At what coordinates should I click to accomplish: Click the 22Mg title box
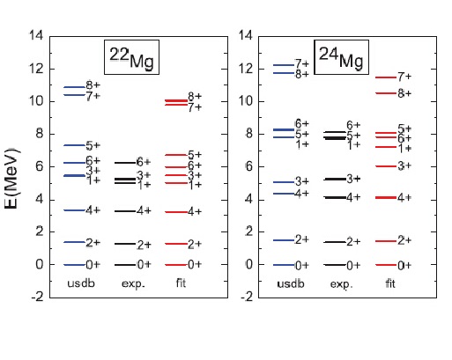pos(131,57)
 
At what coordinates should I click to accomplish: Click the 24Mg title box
pos(341,57)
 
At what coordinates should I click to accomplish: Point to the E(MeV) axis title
pos(11,179)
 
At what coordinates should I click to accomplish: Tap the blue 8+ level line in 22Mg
pos(74,87)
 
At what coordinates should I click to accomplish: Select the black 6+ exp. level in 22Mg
pos(125,163)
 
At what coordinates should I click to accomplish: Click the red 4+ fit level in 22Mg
pos(176,212)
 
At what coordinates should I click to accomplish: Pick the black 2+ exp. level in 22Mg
pos(125,244)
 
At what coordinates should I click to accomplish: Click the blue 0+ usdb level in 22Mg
pos(74,265)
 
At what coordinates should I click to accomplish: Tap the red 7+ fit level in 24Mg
pos(386,77)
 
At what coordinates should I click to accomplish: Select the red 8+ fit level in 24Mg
pos(386,93)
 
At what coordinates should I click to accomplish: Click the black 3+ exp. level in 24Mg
pos(335,179)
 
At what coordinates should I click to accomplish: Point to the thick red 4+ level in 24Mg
pos(386,197)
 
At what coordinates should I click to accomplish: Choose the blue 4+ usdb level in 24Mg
pos(284,194)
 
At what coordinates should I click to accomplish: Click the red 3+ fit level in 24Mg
pos(386,166)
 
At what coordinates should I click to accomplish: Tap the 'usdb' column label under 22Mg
pos(81,283)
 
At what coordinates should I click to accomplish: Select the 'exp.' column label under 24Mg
pos(342,284)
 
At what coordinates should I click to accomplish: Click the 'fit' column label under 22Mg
pos(181,283)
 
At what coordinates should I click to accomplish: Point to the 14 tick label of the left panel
pos(36,35)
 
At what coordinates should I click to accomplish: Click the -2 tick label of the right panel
pos(247,298)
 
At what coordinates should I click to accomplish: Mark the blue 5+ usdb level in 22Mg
pos(74,145)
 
